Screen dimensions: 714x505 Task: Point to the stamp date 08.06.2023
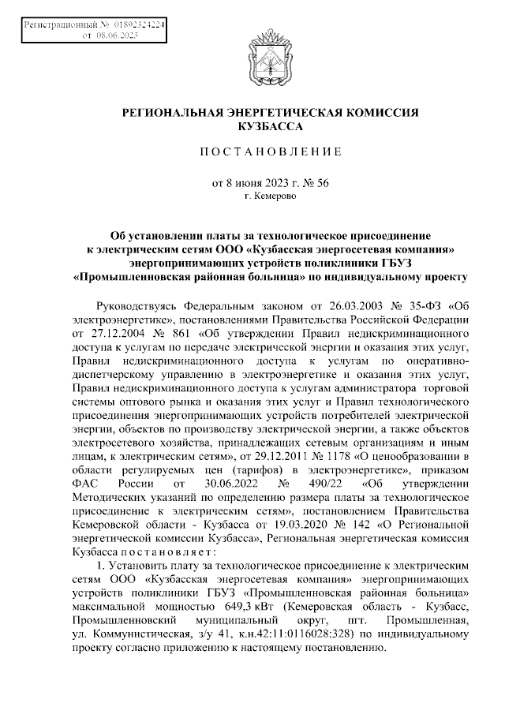116,36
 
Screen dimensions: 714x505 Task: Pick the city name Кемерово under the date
274,196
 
